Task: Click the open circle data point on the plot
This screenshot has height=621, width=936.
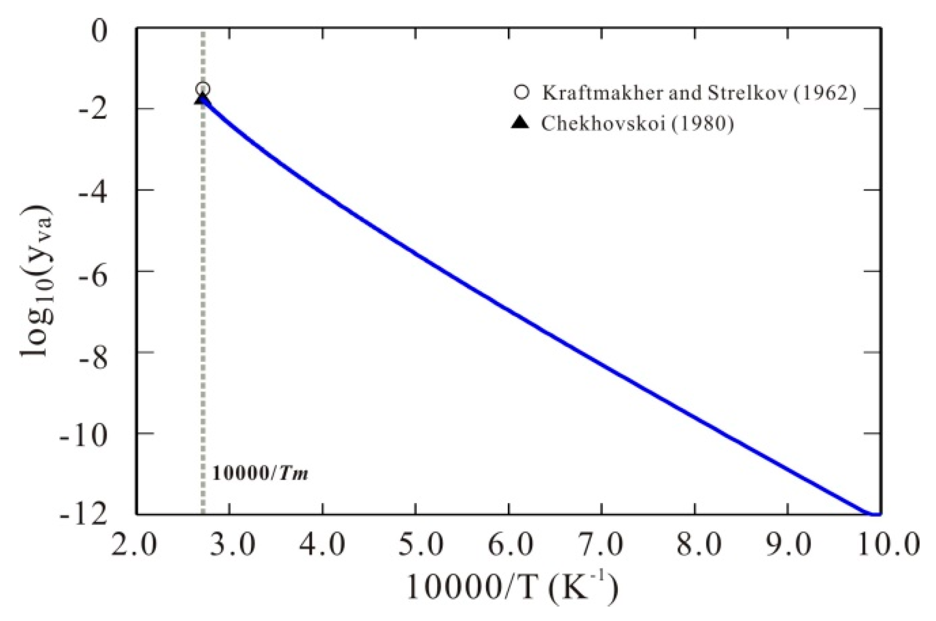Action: coord(203,89)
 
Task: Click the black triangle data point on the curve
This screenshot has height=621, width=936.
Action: coord(202,99)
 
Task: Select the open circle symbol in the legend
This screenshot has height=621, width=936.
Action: coord(521,92)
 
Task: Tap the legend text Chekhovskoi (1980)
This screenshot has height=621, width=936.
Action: coord(637,123)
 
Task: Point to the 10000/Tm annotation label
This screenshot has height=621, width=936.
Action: coord(260,473)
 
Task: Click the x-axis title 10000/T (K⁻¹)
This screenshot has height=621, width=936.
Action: coord(513,587)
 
